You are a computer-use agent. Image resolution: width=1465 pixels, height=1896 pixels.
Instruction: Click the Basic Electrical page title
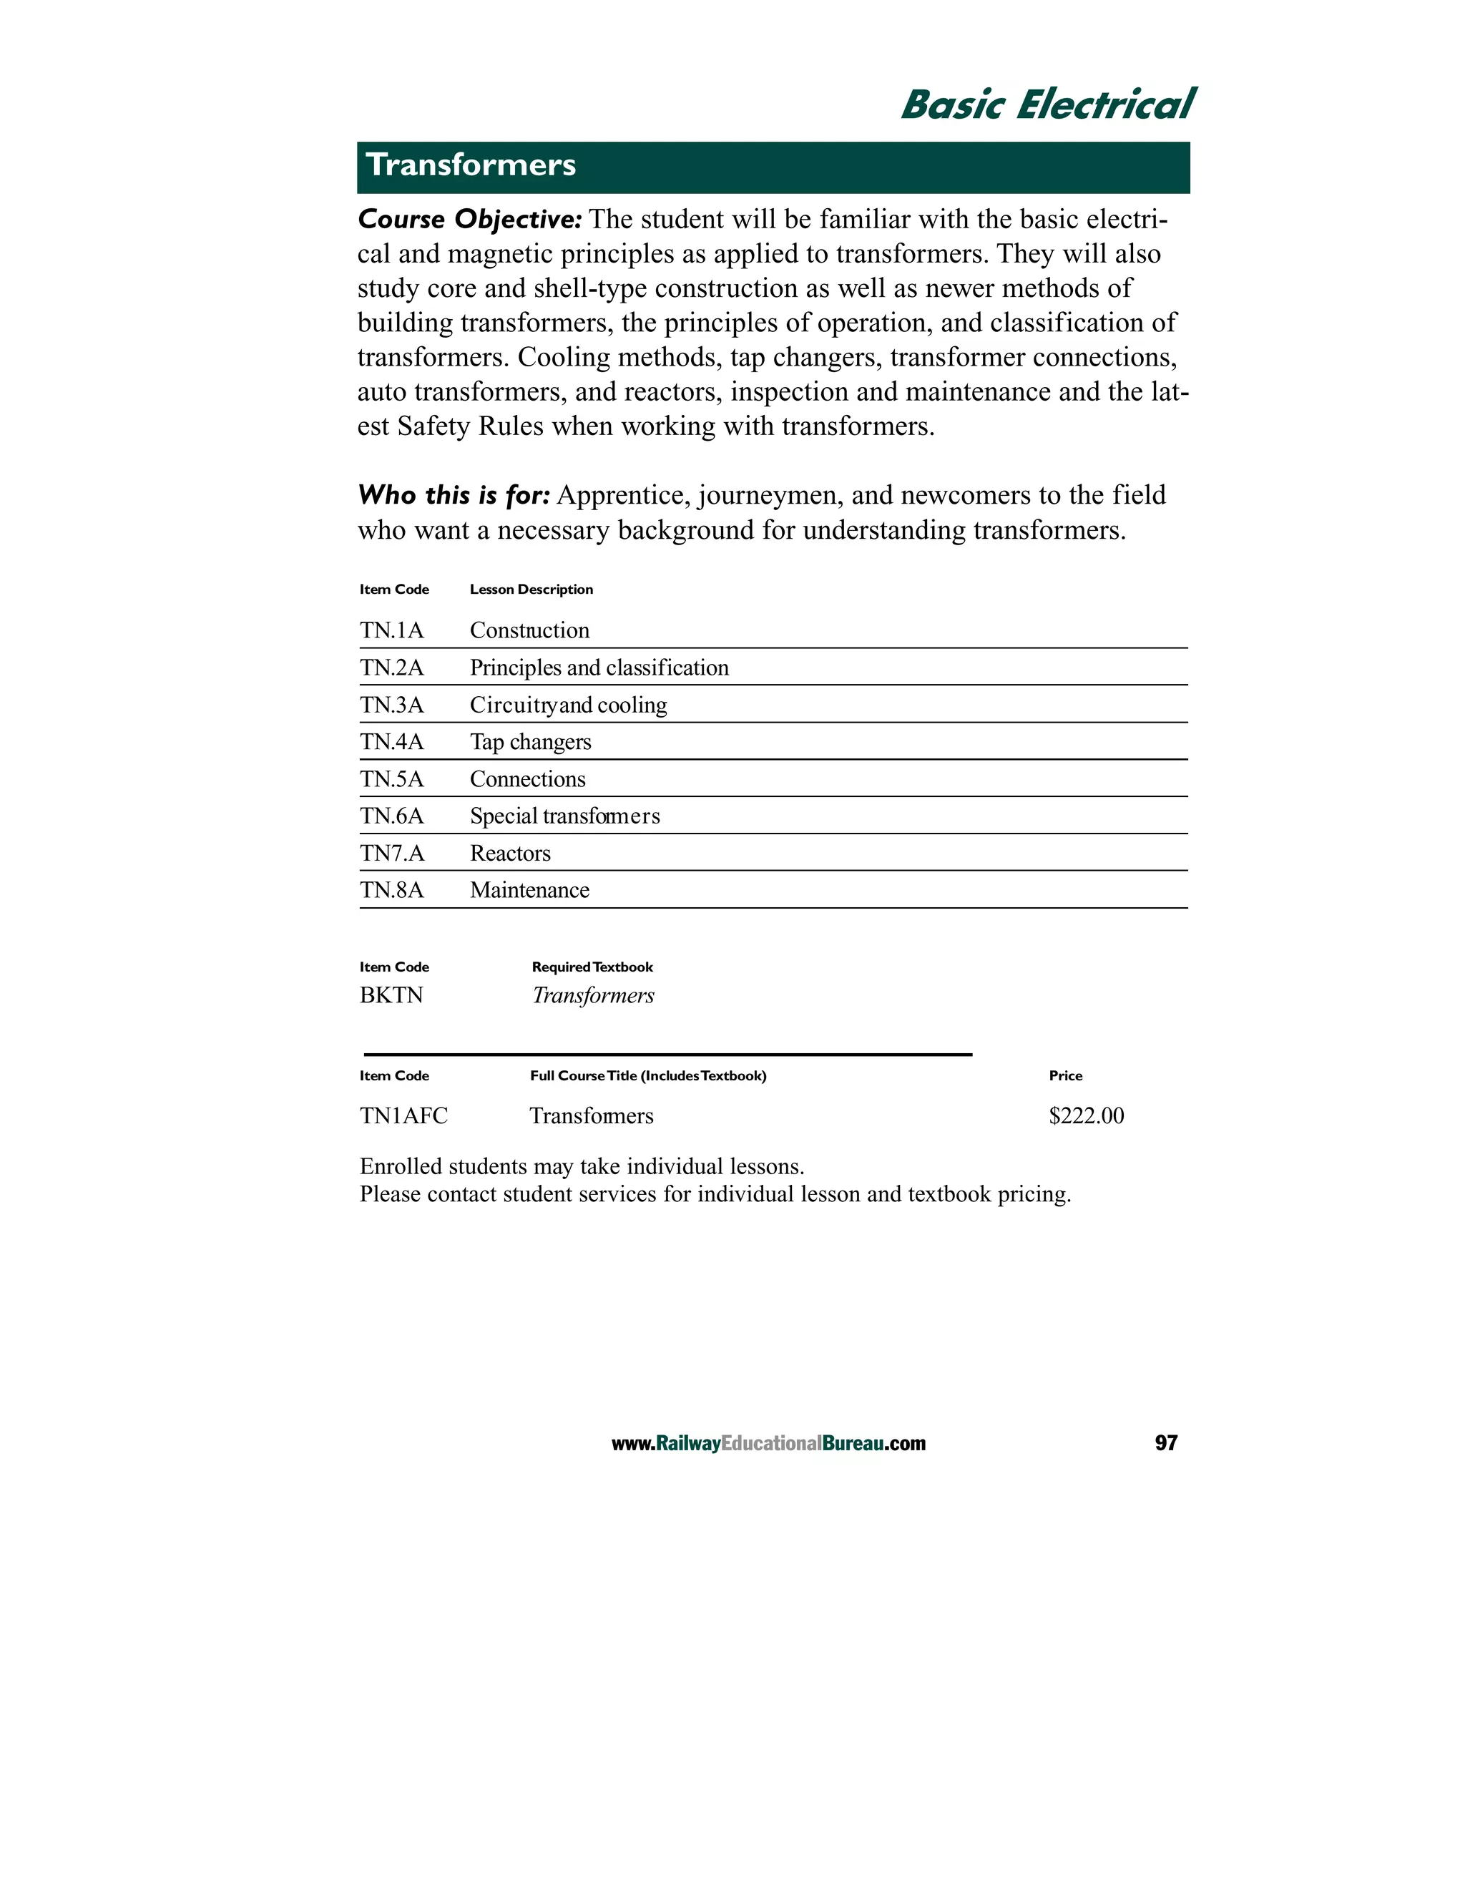[x=1047, y=105]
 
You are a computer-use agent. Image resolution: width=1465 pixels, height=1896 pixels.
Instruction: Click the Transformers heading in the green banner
[x=471, y=165]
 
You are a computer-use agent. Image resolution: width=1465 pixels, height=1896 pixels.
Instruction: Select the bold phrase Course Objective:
[x=469, y=220]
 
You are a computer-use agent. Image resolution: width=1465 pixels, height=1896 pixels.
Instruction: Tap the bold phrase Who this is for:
[x=454, y=496]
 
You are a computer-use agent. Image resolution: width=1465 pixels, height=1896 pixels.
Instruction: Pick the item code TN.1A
[x=391, y=630]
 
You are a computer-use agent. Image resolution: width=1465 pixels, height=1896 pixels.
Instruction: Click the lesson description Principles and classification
[x=599, y=668]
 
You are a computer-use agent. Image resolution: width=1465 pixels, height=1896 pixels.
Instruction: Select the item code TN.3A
[x=391, y=705]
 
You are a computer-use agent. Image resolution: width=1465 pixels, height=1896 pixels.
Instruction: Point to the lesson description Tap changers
[x=530, y=742]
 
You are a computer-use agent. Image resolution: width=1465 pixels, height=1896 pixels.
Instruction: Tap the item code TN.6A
[x=391, y=816]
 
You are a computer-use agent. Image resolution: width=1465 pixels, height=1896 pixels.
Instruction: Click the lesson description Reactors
[x=510, y=854]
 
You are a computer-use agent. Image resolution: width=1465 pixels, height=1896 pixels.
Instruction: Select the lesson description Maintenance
[x=529, y=891]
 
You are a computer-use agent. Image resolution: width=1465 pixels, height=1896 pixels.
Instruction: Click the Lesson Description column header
[x=531, y=590]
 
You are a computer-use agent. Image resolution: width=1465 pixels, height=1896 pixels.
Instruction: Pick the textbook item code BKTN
[x=391, y=996]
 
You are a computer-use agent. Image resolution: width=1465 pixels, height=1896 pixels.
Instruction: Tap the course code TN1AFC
[x=403, y=1116]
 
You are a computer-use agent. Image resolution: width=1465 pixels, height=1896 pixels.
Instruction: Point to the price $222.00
[x=1086, y=1116]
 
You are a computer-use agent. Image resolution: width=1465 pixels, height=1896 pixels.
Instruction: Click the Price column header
[x=1065, y=1075]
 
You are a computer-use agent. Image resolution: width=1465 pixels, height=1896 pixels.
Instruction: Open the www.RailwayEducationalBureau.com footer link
[x=768, y=1444]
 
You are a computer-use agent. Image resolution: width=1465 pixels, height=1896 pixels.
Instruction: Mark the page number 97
[x=1165, y=1443]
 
